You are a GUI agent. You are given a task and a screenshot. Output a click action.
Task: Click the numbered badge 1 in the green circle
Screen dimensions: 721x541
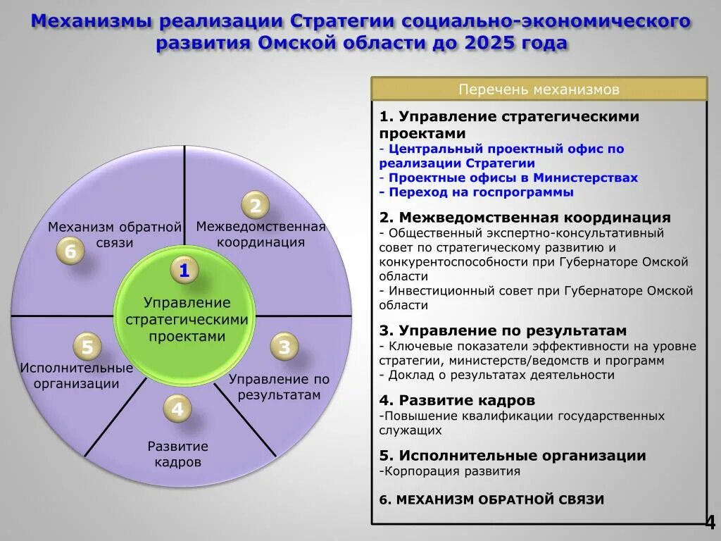click(x=184, y=270)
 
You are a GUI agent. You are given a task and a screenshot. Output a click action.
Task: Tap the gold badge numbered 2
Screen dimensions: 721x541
click(x=256, y=206)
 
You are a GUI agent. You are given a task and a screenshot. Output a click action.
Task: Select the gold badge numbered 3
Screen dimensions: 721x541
click(x=284, y=347)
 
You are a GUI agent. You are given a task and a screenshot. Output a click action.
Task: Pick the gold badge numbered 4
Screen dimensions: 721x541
click(x=177, y=409)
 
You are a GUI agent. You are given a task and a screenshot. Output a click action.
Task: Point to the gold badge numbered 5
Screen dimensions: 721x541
click(x=87, y=347)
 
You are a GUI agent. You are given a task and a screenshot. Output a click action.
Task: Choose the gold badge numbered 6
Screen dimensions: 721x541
click(x=70, y=251)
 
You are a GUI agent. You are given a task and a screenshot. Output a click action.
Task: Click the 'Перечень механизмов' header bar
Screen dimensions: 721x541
click(x=539, y=89)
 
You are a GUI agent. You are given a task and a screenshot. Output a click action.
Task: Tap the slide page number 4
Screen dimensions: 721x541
click(x=710, y=522)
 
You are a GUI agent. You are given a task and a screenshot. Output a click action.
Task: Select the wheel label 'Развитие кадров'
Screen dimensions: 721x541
click(x=178, y=454)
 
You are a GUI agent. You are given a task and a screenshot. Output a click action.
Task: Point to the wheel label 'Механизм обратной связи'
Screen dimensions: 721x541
click(x=115, y=235)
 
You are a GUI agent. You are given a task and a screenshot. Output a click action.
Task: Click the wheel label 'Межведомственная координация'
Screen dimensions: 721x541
click(x=261, y=235)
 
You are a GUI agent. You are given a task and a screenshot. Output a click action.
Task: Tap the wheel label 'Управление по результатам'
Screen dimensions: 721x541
click(x=279, y=387)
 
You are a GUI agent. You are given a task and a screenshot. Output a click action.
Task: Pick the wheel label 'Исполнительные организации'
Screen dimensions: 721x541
click(x=77, y=376)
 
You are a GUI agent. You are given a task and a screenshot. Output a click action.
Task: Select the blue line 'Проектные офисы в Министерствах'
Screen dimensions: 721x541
click(x=513, y=178)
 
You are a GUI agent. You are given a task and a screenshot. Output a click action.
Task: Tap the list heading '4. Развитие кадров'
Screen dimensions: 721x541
click(x=457, y=400)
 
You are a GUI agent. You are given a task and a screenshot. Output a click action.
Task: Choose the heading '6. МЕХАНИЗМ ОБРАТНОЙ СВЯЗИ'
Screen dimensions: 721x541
click(x=491, y=499)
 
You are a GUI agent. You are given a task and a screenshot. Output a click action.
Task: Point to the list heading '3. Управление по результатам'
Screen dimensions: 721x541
click(x=503, y=330)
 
